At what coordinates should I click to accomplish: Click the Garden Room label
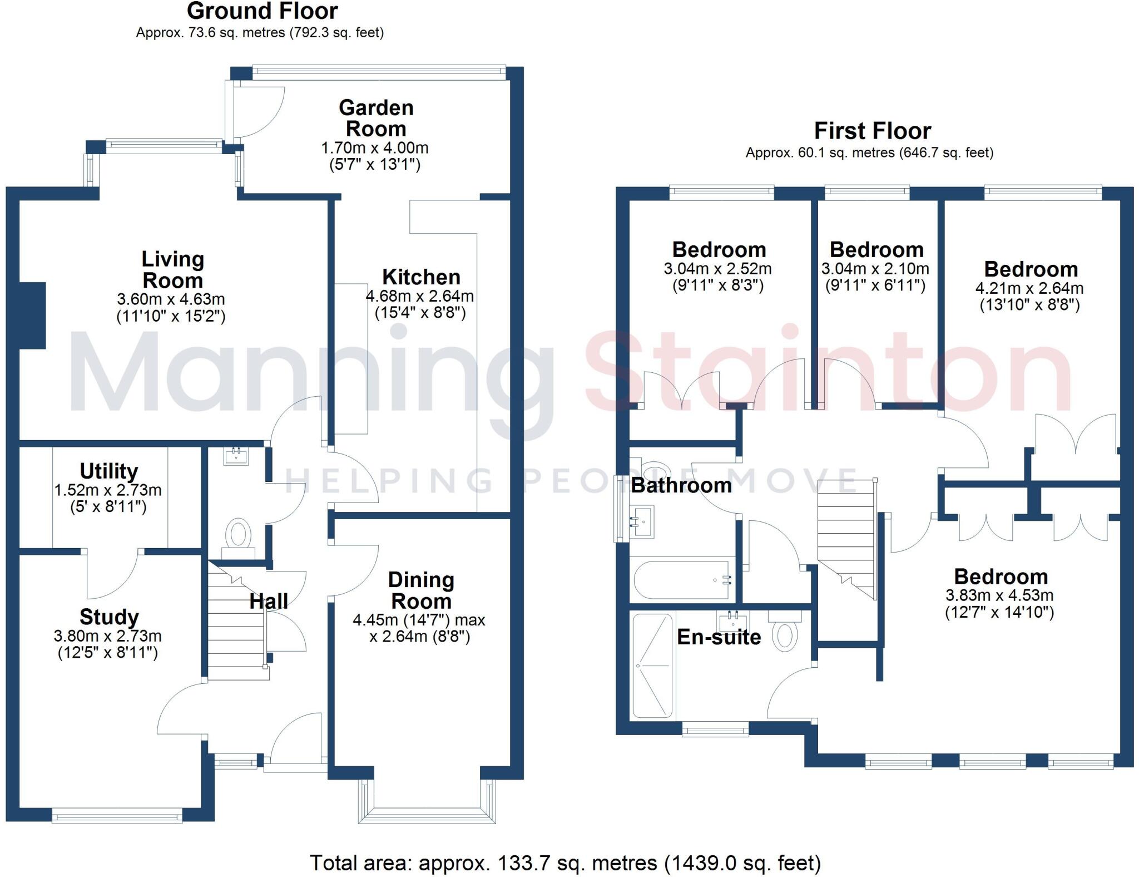(x=376, y=118)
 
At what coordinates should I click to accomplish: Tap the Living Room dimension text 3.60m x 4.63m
(x=171, y=299)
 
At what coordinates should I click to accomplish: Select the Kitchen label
(x=421, y=277)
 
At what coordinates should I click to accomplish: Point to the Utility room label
(x=109, y=471)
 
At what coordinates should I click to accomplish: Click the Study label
(x=109, y=617)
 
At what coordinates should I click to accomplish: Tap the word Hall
(x=269, y=601)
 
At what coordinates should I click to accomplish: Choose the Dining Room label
(x=421, y=590)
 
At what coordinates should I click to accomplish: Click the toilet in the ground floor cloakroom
(x=239, y=534)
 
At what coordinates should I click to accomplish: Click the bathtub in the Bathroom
(x=682, y=580)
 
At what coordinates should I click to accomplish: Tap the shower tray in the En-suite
(x=653, y=666)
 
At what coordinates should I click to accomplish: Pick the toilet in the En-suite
(x=785, y=634)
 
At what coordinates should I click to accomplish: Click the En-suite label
(x=719, y=637)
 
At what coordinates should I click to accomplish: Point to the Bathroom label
(x=681, y=485)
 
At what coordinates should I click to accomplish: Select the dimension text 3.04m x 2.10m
(x=875, y=269)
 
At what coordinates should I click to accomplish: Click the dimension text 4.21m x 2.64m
(x=1029, y=288)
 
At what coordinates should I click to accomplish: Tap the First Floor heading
(x=872, y=131)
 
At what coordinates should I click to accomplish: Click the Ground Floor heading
(x=262, y=11)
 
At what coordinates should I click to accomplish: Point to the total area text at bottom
(x=565, y=863)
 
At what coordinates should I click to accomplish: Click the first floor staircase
(x=846, y=534)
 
